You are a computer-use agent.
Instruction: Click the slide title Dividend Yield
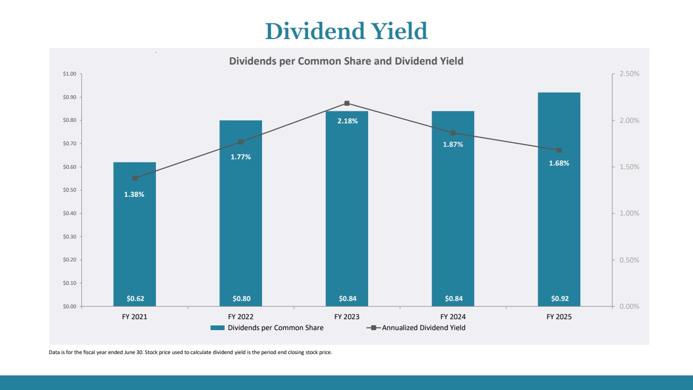(x=346, y=31)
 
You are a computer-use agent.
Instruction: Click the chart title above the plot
(x=346, y=61)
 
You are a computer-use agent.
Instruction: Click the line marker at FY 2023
(x=347, y=103)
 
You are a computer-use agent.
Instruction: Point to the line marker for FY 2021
(x=135, y=178)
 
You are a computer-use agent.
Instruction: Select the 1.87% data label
(x=453, y=144)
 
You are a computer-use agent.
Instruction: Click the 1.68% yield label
(x=559, y=163)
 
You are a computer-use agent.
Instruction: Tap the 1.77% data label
(x=241, y=157)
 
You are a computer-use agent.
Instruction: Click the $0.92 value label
(x=559, y=298)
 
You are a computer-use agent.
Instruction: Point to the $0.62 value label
(x=135, y=298)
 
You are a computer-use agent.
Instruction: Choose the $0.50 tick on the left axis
(x=69, y=190)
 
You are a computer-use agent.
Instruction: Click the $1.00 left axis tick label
(x=69, y=74)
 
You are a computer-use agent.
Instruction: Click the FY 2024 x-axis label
(x=453, y=317)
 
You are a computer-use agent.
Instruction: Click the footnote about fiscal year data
(x=190, y=353)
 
